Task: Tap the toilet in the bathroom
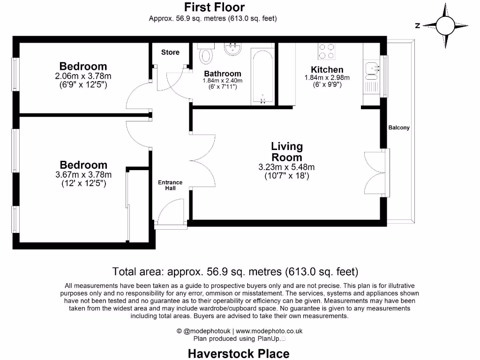pyautogui.click(x=206, y=54)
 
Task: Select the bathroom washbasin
pyautogui.click(x=232, y=49)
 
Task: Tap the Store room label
pyautogui.click(x=170, y=52)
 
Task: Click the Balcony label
pyautogui.click(x=398, y=127)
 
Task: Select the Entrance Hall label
pyautogui.click(x=170, y=185)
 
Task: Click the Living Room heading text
pyautogui.click(x=287, y=152)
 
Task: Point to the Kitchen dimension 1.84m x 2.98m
pyautogui.click(x=327, y=78)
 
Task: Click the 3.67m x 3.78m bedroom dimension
pyautogui.click(x=83, y=175)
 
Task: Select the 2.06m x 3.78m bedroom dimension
pyautogui.click(x=83, y=76)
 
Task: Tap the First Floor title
pyautogui.click(x=214, y=7)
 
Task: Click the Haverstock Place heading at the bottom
pyautogui.click(x=239, y=353)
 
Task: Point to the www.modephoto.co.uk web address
pyautogui.click(x=269, y=331)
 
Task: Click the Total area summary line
pyautogui.click(x=235, y=271)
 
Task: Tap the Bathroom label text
pyautogui.click(x=223, y=74)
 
